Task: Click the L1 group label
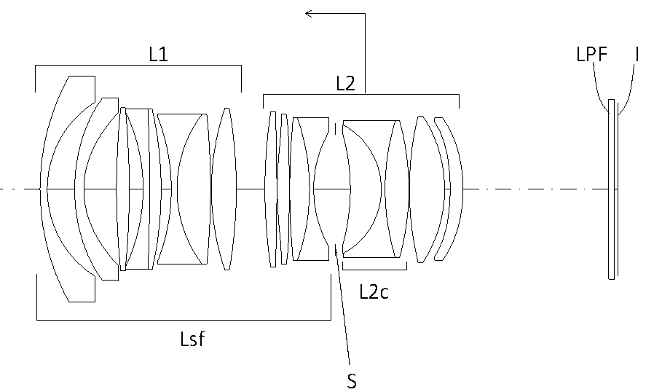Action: pyautogui.click(x=159, y=54)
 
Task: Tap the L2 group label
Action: pyautogui.click(x=346, y=84)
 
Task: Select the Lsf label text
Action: pyautogui.click(x=193, y=339)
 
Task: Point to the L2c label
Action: pyautogui.click(x=374, y=291)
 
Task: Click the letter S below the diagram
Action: pyautogui.click(x=352, y=381)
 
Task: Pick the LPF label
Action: pyautogui.click(x=591, y=54)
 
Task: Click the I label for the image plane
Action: pyautogui.click(x=637, y=54)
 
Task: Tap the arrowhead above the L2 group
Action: pyautogui.click(x=309, y=13)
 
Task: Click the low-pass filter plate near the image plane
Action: pyautogui.click(x=611, y=189)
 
